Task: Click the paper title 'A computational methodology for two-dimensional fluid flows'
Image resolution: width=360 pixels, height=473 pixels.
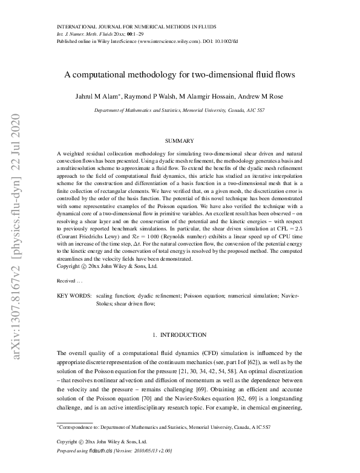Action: pos(180,76)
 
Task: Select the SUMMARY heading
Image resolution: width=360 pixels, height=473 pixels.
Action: pos(180,140)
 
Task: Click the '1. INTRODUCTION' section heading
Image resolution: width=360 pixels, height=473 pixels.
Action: pos(180,334)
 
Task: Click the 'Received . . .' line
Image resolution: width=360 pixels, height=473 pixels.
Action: pos(70,281)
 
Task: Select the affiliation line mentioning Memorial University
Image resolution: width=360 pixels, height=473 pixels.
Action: pos(180,111)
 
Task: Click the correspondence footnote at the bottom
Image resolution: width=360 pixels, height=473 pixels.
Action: pos(164,427)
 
